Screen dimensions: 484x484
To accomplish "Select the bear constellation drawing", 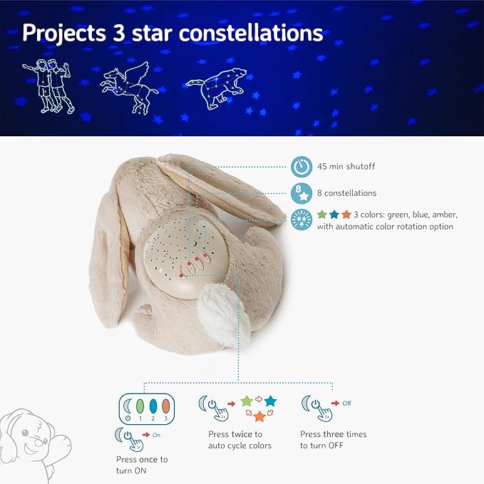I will tap(217, 87).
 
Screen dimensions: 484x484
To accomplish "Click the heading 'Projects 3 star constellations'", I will tap(173, 33).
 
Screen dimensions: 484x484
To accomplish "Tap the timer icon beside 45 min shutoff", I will tap(301, 167).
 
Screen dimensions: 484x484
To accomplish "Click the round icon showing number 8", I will tap(301, 192).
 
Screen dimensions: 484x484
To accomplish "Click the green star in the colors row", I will tap(322, 215).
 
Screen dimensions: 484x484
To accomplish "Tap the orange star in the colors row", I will tap(346, 215).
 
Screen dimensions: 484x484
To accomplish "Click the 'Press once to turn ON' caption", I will tap(142, 465).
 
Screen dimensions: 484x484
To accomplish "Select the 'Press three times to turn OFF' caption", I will tap(334, 439).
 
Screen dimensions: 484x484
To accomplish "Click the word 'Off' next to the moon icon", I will tap(346, 403).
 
